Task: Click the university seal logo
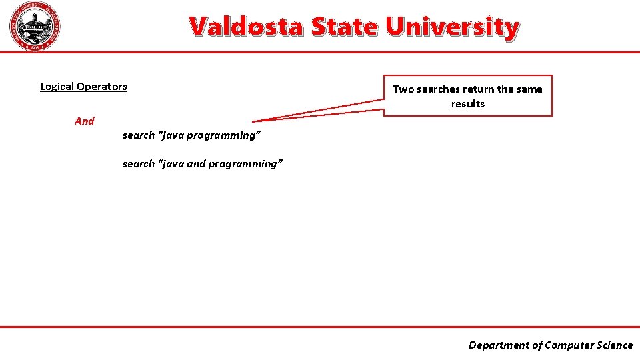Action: pyautogui.click(x=35, y=27)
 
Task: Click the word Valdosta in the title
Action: pyautogui.click(x=244, y=27)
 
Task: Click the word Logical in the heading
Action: pyautogui.click(x=57, y=87)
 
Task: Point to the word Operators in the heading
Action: pyautogui.click(x=102, y=87)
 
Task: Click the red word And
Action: pyautogui.click(x=85, y=121)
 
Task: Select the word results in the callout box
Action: pyautogui.click(x=468, y=104)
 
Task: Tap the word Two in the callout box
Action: pyautogui.click(x=403, y=89)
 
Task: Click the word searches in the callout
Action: pyautogui.click(x=438, y=89)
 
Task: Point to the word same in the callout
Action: pyautogui.click(x=529, y=89)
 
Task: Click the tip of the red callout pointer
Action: pyautogui.click(x=254, y=121)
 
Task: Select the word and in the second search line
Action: pyautogui.click(x=196, y=164)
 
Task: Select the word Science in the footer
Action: pyautogui.click(x=613, y=345)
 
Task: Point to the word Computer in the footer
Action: pyautogui.click(x=567, y=345)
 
